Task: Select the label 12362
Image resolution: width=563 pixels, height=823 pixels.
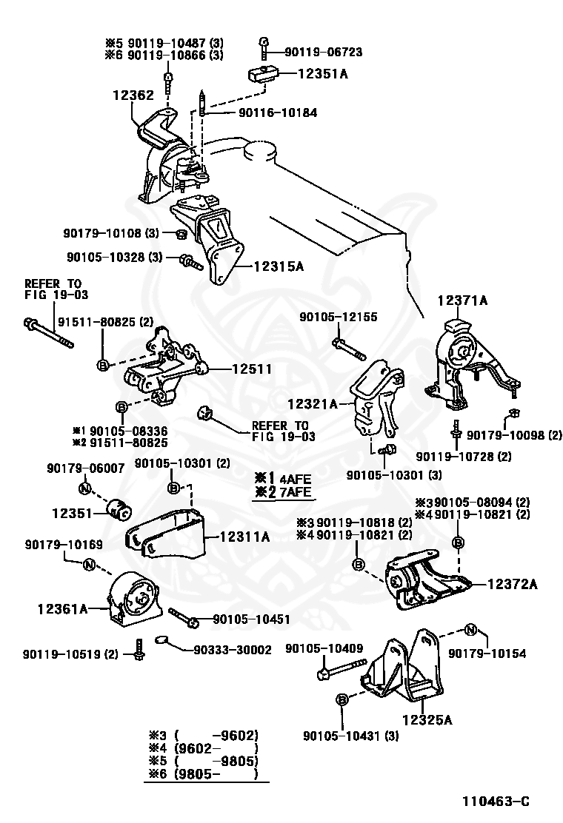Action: pos(133,95)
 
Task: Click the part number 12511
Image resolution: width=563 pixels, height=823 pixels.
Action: pos(251,368)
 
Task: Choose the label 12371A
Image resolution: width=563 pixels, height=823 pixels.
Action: pos(462,300)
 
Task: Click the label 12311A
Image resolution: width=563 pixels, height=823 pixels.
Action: pos(245,537)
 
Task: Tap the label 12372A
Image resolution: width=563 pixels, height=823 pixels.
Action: pos(513,584)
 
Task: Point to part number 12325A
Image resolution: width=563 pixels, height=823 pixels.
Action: pos(427,719)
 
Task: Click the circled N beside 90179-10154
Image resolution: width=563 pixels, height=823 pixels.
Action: pos(470,630)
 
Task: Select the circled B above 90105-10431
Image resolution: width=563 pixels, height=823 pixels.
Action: pos(342,699)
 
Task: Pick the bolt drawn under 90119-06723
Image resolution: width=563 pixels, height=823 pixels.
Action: pos(264,48)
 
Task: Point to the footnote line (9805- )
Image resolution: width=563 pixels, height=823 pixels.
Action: pos(204,774)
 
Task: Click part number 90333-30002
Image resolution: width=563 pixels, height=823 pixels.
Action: pos(232,650)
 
